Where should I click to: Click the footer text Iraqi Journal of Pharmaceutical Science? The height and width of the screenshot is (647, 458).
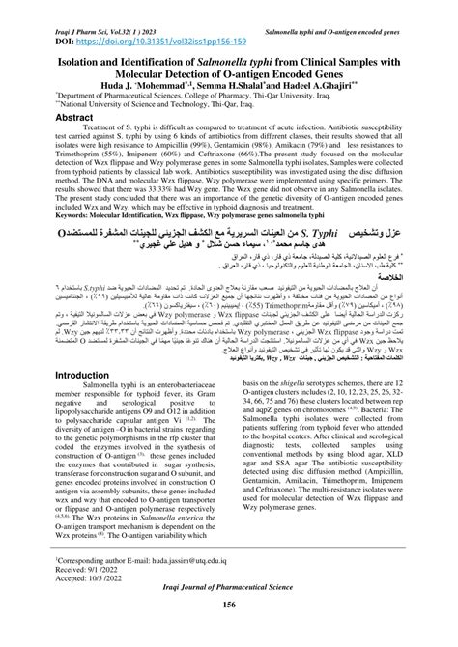point(228,616)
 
